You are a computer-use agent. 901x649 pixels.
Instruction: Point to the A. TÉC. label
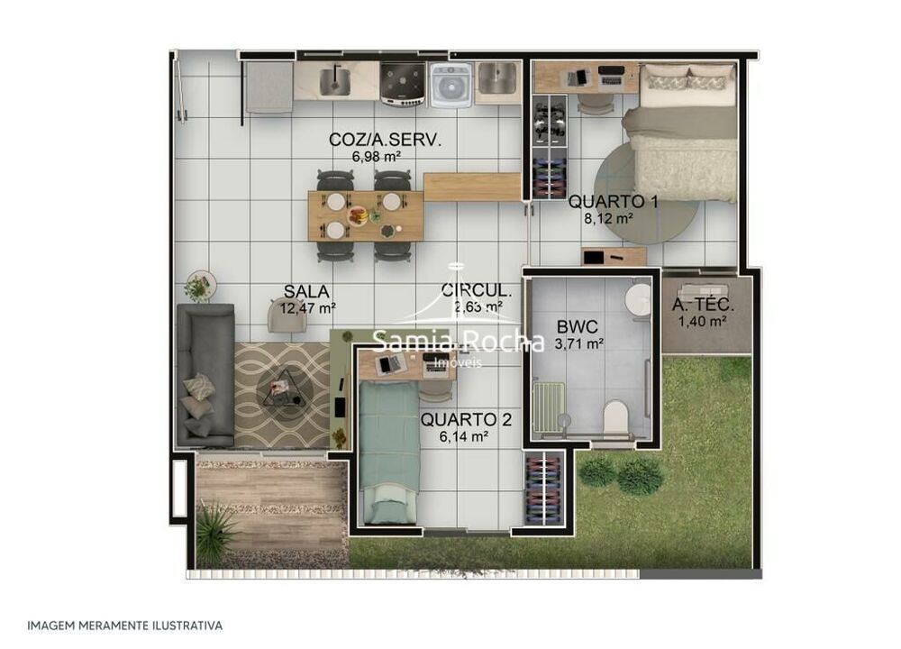click(x=704, y=305)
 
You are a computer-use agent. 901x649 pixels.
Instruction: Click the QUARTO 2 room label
click(x=459, y=419)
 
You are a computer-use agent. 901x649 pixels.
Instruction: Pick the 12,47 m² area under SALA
click(x=307, y=308)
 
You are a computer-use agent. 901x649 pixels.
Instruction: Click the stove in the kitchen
click(x=403, y=84)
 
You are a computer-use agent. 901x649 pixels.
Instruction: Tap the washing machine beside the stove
click(x=450, y=85)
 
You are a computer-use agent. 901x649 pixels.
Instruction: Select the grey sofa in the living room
click(x=205, y=374)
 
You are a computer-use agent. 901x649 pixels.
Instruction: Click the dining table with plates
click(x=365, y=215)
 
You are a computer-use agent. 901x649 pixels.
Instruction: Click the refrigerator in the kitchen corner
click(x=268, y=87)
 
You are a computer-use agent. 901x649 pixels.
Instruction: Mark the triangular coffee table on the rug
click(x=282, y=387)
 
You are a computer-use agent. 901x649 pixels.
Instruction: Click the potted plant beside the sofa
click(x=198, y=287)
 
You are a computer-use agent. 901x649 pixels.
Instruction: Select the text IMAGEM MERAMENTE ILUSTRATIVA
click(x=124, y=625)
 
